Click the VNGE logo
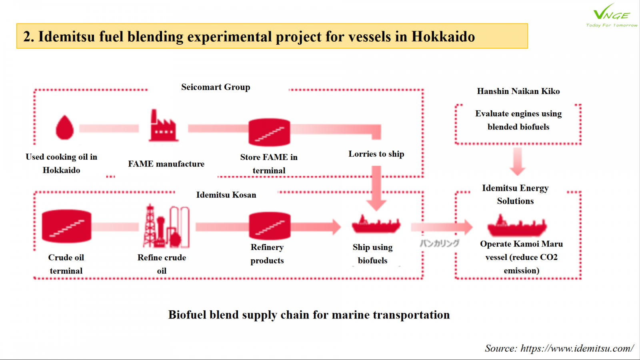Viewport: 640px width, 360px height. click(x=612, y=15)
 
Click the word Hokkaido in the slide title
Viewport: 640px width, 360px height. click(x=443, y=36)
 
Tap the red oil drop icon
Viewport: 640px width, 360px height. click(x=64, y=128)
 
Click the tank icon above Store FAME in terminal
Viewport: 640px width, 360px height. click(x=269, y=132)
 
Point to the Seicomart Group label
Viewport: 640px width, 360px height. click(x=216, y=87)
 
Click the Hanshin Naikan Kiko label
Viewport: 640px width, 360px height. click(x=518, y=91)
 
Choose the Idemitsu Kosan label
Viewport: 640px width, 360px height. click(x=226, y=195)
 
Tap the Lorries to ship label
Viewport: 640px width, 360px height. click(x=376, y=154)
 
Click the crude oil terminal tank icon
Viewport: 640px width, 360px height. click(x=66, y=226)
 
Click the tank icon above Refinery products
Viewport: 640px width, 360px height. click(x=270, y=226)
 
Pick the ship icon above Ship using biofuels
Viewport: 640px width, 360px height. click(x=376, y=224)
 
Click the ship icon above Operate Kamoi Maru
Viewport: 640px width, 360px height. click(x=517, y=226)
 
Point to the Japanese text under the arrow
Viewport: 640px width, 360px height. click(x=440, y=243)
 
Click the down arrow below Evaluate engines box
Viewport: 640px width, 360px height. click(x=518, y=162)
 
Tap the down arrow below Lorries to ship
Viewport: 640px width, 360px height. click(x=376, y=188)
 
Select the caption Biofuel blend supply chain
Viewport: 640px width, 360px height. click(x=309, y=315)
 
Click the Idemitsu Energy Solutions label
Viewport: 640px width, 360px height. click(x=515, y=194)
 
